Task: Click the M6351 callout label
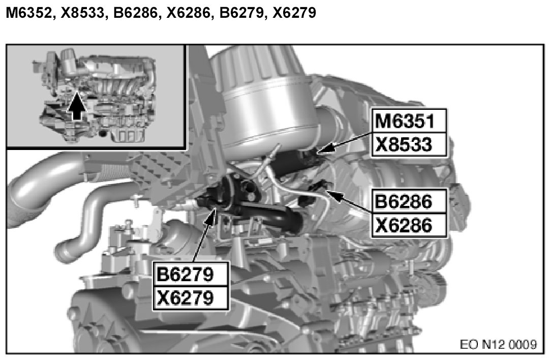409,121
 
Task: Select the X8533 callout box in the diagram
409,144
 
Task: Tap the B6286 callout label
409,201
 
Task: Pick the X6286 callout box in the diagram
409,225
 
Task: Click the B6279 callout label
191,274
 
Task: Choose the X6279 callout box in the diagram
191,298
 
